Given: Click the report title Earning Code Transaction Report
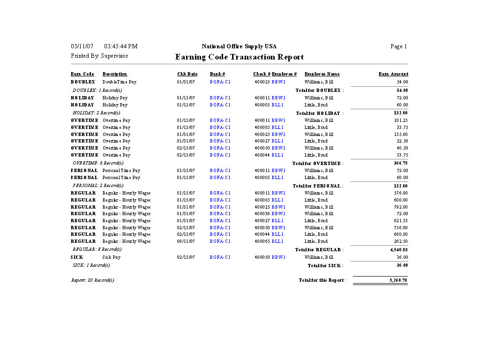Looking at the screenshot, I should (x=240, y=57).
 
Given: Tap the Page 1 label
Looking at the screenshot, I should (x=398, y=46).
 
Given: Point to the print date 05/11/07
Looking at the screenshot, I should (x=82, y=46).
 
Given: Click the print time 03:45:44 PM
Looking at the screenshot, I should (x=120, y=46).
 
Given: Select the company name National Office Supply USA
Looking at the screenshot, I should (x=239, y=46).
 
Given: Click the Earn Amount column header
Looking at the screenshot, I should (x=393, y=74).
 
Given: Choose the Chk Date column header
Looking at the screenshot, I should (x=187, y=74).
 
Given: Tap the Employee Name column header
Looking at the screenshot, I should (x=322, y=74).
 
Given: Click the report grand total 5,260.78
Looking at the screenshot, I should (x=398, y=280).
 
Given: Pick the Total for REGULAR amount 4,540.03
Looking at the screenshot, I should (x=398, y=250).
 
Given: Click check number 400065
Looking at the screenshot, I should (x=262, y=241).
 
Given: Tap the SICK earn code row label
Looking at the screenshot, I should (x=77, y=257).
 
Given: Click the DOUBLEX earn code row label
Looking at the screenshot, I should (x=83, y=82).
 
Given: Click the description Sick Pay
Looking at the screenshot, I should (x=111, y=257).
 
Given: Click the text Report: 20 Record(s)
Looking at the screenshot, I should (x=92, y=280).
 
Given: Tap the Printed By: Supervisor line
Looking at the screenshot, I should (x=99, y=56).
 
